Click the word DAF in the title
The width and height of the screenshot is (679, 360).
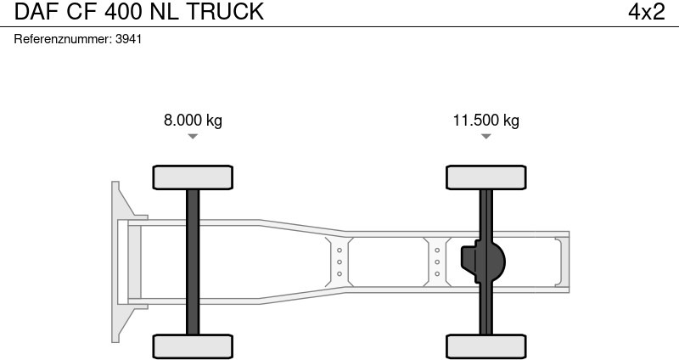pos(30,12)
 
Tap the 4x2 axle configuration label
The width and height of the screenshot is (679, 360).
pos(647,12)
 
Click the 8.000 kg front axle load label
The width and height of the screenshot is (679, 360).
pos(193,120)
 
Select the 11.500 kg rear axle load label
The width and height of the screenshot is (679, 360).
pos(485,120)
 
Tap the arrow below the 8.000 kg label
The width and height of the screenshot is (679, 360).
pos(193,136)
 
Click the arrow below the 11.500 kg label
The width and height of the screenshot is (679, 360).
pos(485,136)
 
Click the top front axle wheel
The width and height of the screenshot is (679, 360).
pos(193,177)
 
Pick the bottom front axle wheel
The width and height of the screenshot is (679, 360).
pos(193,346)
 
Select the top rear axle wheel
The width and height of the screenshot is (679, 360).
pos(485,177)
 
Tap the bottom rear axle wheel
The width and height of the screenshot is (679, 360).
pos(485,346)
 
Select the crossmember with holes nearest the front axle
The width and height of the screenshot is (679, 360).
pos(339,261)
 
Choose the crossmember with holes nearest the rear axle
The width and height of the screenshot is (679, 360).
pos(436,261)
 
